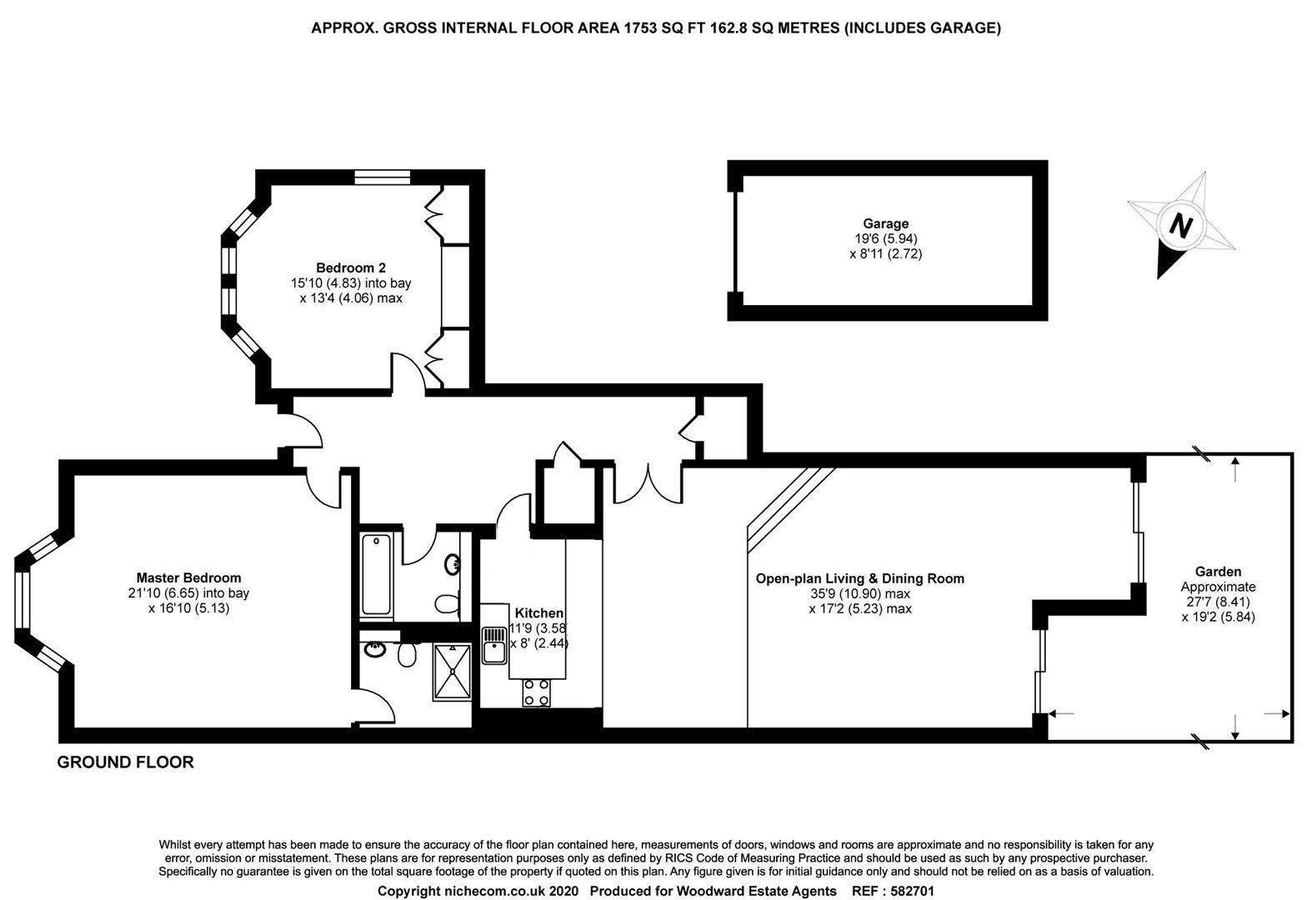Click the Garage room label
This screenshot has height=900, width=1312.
point(885,223)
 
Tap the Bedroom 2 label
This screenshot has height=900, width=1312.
point(351,267)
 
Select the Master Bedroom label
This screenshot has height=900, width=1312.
point(188,577)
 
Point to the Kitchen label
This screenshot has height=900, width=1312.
point(538,612)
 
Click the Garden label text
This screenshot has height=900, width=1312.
point(1219,572)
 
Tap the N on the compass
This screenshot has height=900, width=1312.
point(1180,225)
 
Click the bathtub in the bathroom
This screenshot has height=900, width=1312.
point(376,574)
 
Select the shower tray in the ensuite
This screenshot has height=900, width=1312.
point(452,672)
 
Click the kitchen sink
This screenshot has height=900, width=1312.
point(493,645)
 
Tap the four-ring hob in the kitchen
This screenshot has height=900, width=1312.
point(537,692)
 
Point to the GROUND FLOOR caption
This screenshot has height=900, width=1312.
point(125,762)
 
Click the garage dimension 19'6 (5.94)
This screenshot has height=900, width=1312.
point(885,238)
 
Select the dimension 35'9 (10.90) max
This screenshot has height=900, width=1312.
point(860,593)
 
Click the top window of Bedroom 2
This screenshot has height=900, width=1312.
point(383,177)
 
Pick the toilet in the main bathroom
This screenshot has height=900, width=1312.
point(448,603)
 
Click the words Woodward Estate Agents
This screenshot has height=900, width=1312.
point(756,891)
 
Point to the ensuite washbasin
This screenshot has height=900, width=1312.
point(373,649)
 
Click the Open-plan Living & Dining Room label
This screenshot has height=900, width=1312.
point(860,578)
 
